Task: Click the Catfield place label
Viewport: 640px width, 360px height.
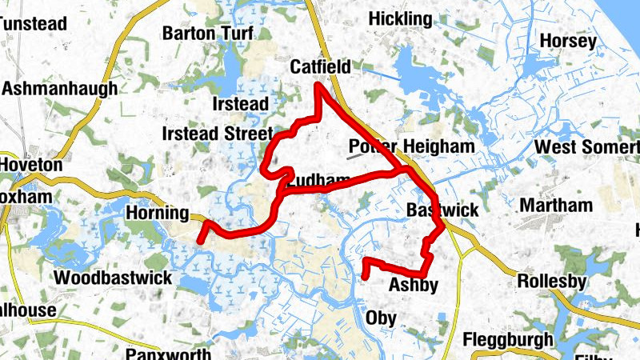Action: [x=320, y=67]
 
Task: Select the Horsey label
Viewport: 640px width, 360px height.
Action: [x=568, y=41]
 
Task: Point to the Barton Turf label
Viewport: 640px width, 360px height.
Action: [x=208, y=34]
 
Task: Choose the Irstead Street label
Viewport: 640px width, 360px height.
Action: [x=217, y=133]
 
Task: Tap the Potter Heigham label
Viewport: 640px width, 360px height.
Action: [x=412, y=147]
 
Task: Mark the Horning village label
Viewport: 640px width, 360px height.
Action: [x=158, y=214]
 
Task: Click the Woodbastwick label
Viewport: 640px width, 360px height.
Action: [x=113, y=278]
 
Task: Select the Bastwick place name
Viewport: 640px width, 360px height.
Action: [x=442, y=210]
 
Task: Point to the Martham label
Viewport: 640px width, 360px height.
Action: [x=556, y=206]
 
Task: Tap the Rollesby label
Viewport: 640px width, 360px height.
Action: [x=552, y=282]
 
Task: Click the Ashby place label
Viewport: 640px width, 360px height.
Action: [x=413, y=286]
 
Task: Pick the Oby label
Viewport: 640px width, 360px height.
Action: [x=381, y=318]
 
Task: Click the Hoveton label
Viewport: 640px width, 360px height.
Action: [x=31, y=164]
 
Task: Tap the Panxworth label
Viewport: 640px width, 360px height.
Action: [x=169, y=354]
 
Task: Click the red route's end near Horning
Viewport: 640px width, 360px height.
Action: [x=201, y=239]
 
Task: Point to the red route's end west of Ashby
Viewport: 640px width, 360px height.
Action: [x=365, y=277]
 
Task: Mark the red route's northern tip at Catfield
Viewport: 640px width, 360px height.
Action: [x=318, y=86]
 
